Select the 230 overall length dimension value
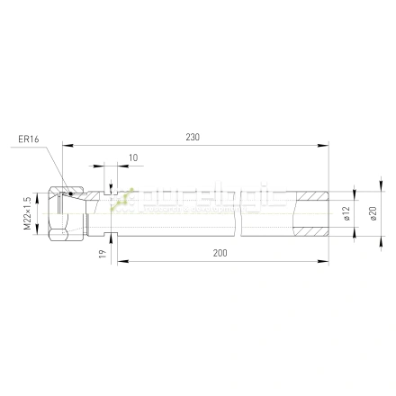[191, 137]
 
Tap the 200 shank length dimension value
[219, 254]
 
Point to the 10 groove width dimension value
[133, 157]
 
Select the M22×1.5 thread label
[28, 213]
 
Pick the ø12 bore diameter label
[346, 213]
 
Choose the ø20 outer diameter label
[371, 213]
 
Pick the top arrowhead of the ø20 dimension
[357, 192]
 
